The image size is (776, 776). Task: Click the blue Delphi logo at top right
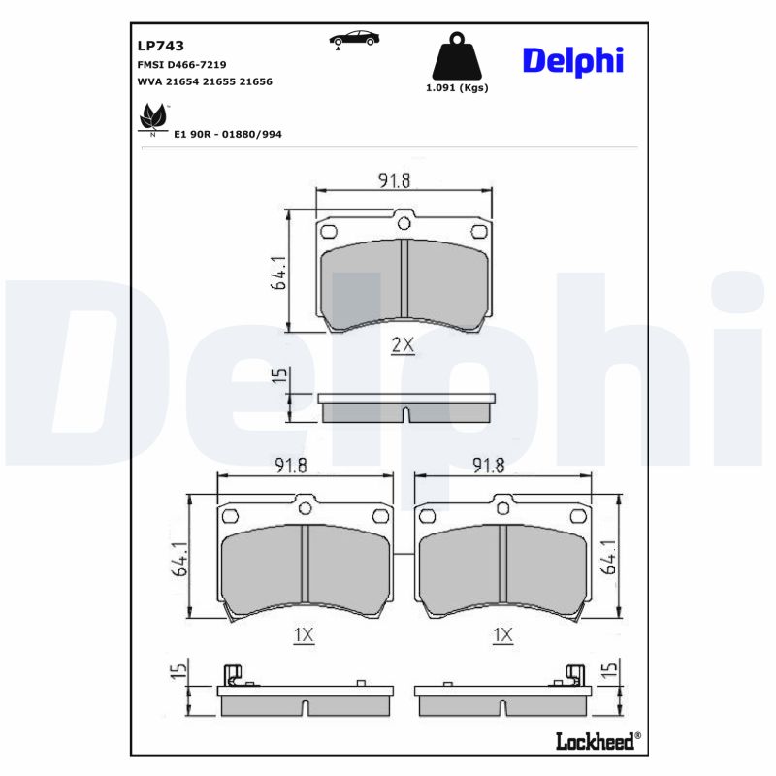tap(573, 60)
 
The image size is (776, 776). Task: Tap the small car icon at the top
tap(354, 39)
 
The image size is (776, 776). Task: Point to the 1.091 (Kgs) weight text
tap(457, 87)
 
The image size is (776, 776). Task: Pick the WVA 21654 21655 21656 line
tap(205, 82)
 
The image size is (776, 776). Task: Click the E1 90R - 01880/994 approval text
tap(228, 134)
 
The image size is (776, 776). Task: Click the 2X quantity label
tap(403, 345)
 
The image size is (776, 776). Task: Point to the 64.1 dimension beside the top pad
tap(279, 274)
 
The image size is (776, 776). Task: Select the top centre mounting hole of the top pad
tap(404, 224)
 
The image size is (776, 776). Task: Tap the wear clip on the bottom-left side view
tap(233, 675)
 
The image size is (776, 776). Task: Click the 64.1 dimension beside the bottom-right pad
tap(609, 558)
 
